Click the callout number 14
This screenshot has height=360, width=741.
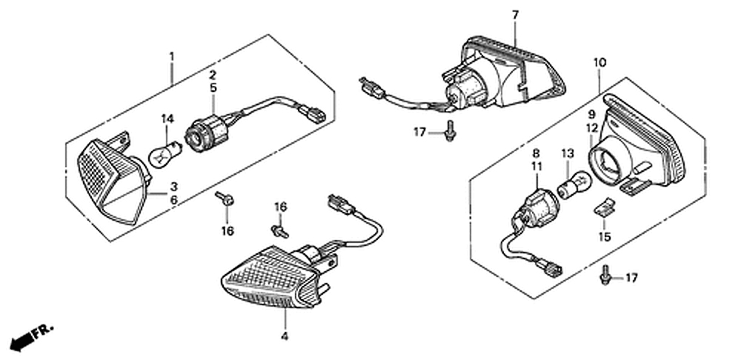(167, 119)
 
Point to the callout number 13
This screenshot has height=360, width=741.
(567, 153)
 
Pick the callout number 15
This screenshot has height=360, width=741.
(605, 237)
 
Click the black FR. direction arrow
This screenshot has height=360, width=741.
(31, 337)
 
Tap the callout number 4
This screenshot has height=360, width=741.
(285, 336)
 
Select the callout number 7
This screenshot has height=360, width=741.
(515, 15)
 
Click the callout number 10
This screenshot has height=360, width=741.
(600, 62)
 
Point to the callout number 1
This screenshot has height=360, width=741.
(172, 57)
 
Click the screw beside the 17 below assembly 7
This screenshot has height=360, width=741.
(450, 131)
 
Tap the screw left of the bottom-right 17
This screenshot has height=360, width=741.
(605, 276)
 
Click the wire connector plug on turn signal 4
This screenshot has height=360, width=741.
(340, 204)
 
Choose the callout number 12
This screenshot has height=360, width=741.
(592, 127)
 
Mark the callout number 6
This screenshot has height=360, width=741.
(174, 200)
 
